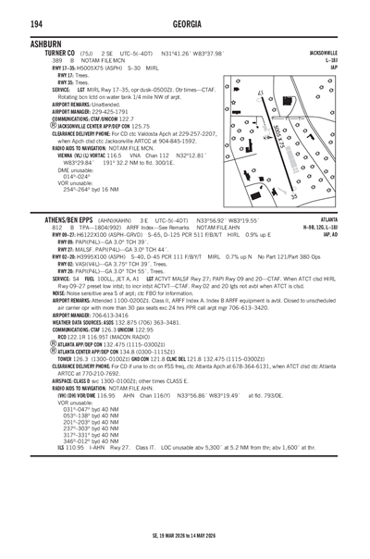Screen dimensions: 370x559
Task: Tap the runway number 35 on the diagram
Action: (x=295, y=195)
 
